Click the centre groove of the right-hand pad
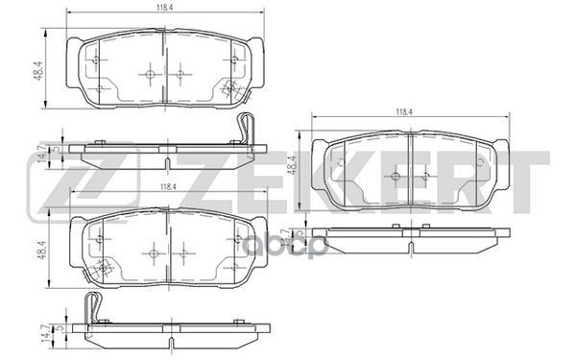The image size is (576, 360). coord(410,173)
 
